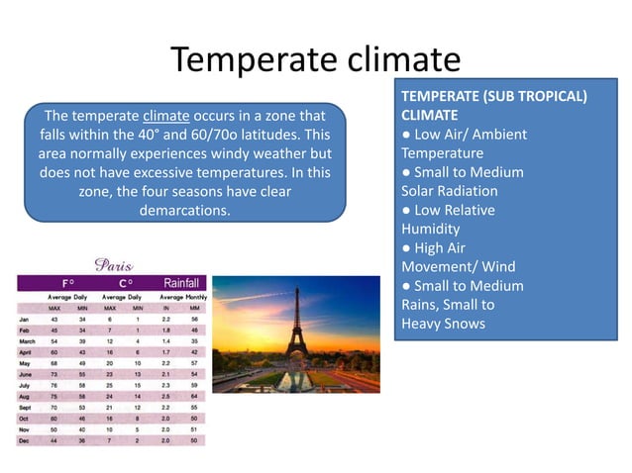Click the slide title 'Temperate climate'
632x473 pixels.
[315, 59]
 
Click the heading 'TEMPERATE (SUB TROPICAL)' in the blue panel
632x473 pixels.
[493, 96]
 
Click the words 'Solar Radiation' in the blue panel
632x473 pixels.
[449, 191]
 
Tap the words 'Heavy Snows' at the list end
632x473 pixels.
[443, 324]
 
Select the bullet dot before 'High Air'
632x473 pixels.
[406, 248]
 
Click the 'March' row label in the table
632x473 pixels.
[29, 340]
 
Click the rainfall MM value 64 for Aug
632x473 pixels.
[196, 396]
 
